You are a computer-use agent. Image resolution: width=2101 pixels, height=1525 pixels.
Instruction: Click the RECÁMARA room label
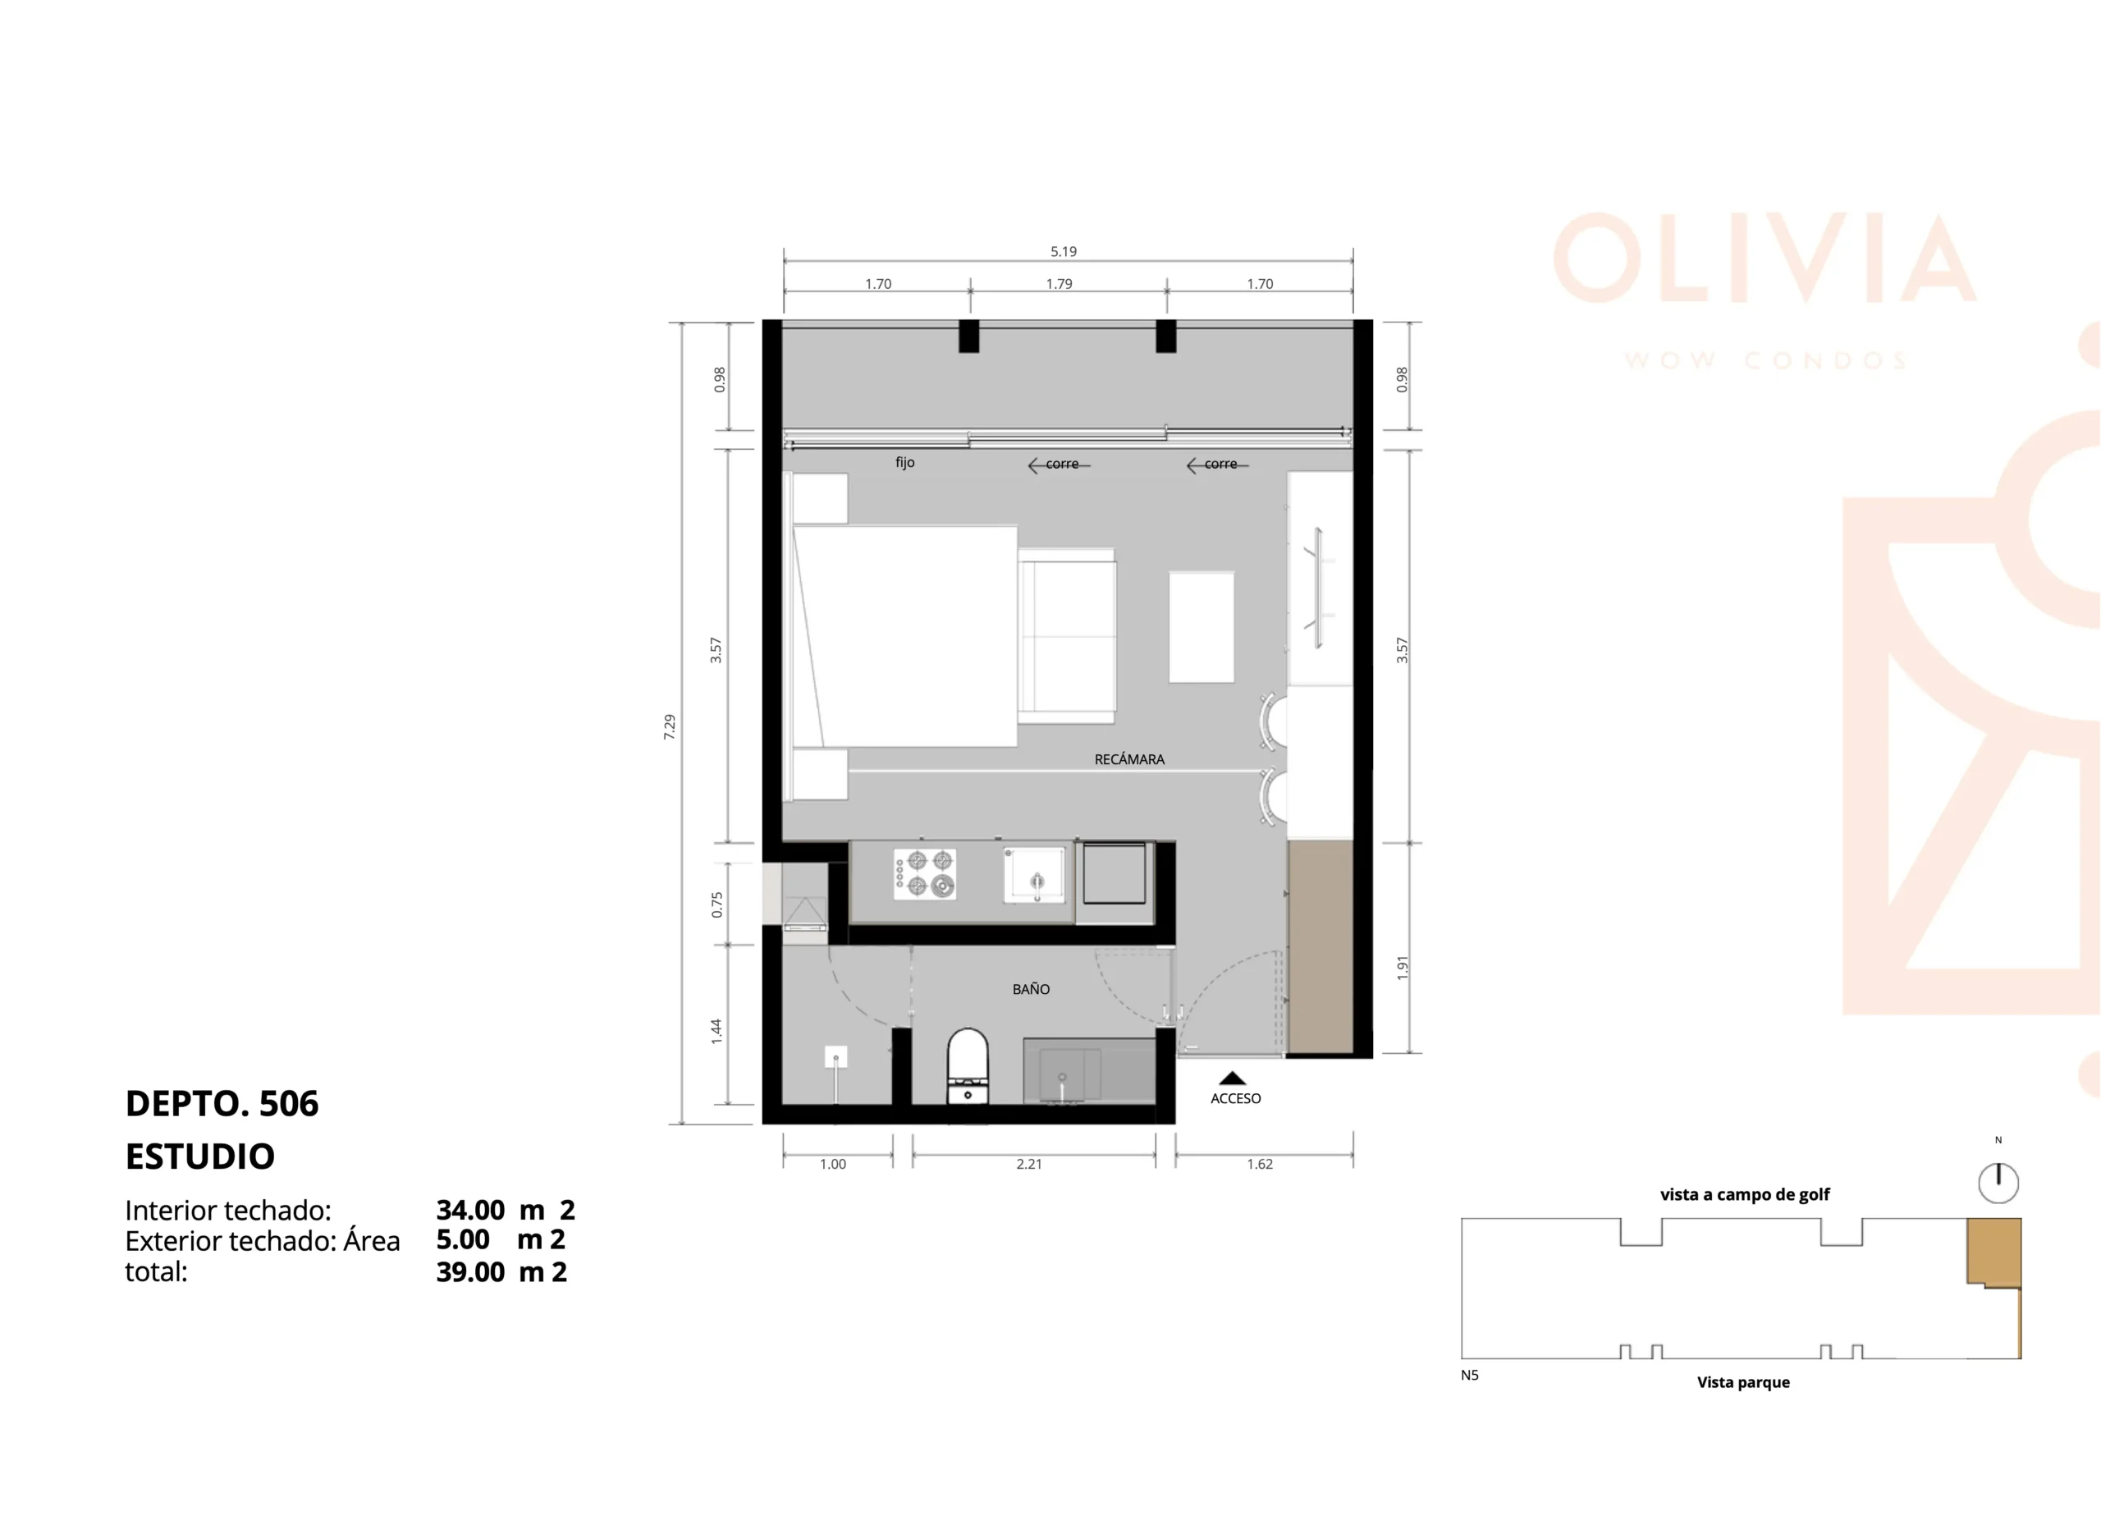click(x=1129, y=758)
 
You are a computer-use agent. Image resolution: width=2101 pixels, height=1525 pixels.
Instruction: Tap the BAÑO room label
click(x=1031, y=988)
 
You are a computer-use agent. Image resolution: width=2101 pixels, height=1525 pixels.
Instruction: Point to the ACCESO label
click(x=1236, y=1098)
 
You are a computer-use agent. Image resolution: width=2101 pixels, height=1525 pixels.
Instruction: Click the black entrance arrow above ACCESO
click(x=1232, y=1078)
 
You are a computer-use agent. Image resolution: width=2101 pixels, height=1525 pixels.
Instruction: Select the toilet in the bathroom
click(x=968, y=1066)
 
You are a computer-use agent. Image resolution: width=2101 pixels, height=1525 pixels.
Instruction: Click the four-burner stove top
click(x=924, y=873)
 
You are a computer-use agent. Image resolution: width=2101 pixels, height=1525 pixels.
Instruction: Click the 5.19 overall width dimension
click(x=1064, y=251)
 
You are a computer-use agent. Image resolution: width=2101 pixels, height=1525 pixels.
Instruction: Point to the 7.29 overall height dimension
click(x=669, y=726)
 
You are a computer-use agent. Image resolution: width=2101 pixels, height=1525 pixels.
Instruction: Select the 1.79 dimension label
click(x=1059, y=283)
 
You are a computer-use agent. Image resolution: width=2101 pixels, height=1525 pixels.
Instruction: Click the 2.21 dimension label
click(x=1029, y=1164)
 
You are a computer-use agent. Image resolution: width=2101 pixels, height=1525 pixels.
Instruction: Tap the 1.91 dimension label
click(x=1403, y=969)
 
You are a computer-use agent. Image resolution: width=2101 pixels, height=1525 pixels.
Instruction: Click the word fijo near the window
click(x=905, y=461)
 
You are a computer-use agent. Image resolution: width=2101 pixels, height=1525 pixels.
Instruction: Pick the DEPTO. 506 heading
click(x=222, y=1103)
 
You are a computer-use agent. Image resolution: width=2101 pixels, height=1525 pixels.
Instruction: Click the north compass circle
click(x=1998, y=1183)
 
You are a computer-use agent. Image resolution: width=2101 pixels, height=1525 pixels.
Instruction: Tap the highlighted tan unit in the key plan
click(x=1993, y=1252)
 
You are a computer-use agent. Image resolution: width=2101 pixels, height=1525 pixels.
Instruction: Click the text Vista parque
click(x=1743, y=1382)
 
